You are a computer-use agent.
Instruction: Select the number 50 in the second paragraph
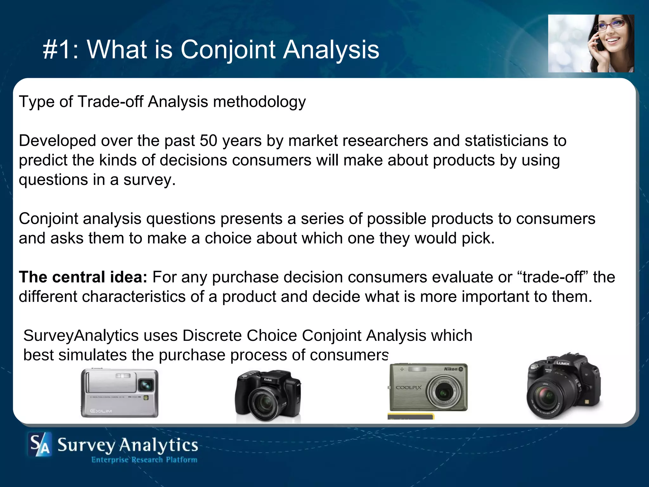point(208,141)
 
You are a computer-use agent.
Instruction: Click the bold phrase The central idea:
point(83,277)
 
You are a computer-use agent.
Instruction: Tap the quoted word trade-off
point(553,277)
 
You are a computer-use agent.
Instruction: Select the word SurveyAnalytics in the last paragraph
point(81,335)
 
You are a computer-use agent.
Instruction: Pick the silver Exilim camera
point(119,393)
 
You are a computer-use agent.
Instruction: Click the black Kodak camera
point(268,396)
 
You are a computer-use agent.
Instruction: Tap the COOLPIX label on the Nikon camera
point(409,387)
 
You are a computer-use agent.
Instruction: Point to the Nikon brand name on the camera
point(451,369)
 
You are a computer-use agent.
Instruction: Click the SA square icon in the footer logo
point(40,445)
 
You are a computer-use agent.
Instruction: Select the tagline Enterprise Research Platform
point(144,460)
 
